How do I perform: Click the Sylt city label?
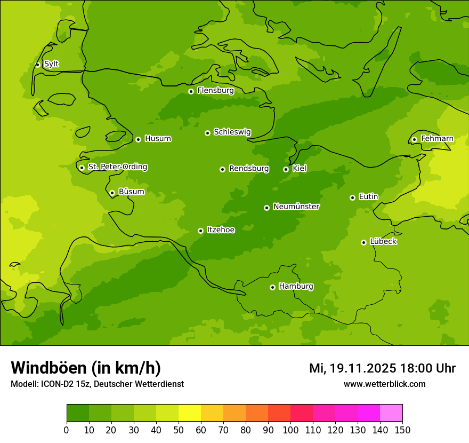[51, 64]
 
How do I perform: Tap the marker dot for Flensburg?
[191, 91]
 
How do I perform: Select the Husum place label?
[158, 139]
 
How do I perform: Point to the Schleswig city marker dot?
[207, 133]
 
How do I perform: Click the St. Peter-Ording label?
[117, 167]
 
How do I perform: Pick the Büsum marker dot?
[112, 193]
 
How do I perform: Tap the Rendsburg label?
[249, 169]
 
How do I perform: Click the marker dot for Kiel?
[286, 169]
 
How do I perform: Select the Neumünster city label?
[296, 207]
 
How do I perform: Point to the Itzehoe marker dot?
[200, 231]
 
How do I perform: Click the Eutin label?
[368, 197]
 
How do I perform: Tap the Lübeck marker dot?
[363, 242]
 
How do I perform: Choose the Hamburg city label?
[296, 287]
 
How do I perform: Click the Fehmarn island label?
[437, 139]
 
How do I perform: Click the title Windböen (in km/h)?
[86, 368]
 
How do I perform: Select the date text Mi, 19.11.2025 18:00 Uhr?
[382, 368]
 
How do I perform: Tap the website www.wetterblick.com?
[384, 384]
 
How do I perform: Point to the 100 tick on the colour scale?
[290, 430]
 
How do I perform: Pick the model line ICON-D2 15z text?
[97, 384]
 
